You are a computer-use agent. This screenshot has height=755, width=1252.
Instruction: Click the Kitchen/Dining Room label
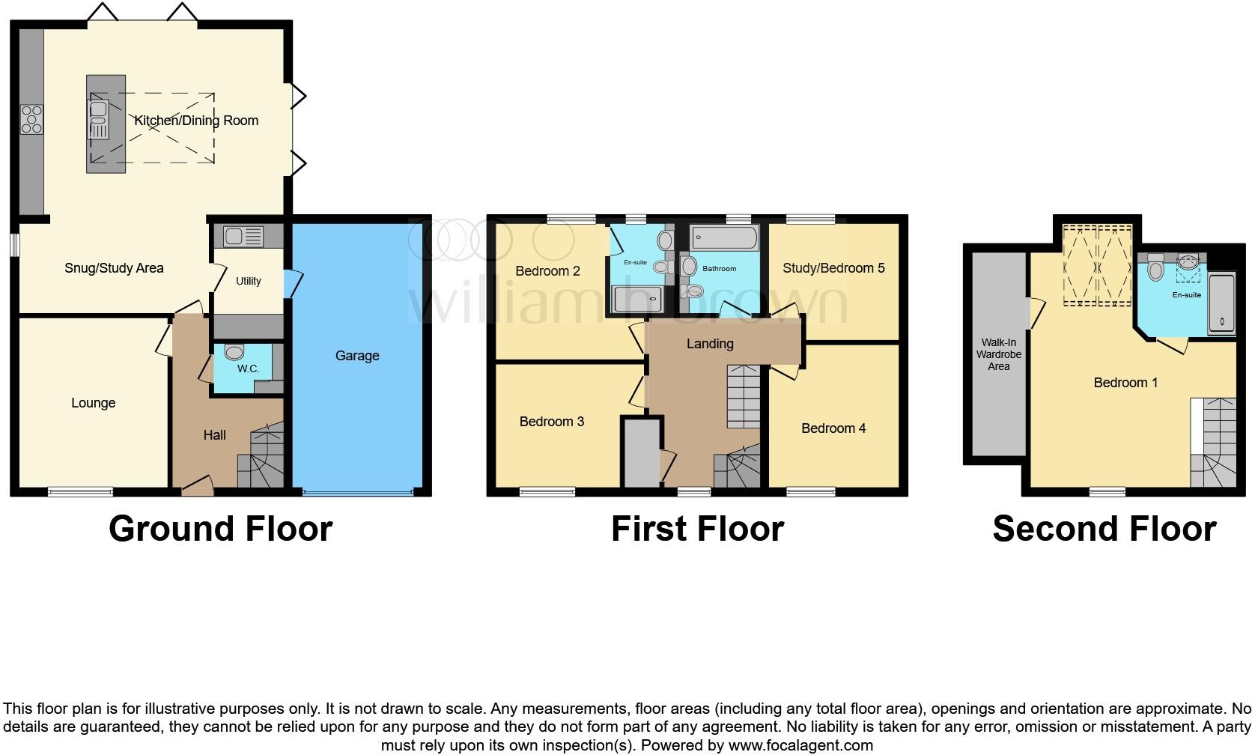point(196,121)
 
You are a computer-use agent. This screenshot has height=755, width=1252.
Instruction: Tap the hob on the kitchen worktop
point(32,120)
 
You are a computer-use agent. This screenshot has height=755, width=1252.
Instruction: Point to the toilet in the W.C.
point(234,352)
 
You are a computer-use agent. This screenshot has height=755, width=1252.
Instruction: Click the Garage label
point(357,356)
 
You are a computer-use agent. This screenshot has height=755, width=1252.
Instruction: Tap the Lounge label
point(93,403)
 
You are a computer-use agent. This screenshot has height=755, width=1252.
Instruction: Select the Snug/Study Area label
point(114,268)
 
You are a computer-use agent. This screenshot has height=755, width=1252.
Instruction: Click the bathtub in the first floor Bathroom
point(724,239)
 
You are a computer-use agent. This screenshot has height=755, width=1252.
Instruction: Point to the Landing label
point(710,344)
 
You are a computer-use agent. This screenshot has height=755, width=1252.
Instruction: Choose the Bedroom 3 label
point(552,422)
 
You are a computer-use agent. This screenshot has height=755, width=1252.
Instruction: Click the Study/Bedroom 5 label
point(833,268)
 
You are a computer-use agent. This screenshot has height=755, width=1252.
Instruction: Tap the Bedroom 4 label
point(833,428)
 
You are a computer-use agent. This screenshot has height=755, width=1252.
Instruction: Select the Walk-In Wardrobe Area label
point(998,354)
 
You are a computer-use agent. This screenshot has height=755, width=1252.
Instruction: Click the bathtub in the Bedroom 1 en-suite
point(1221,303)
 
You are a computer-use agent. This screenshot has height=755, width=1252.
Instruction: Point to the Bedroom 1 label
point(1125,383)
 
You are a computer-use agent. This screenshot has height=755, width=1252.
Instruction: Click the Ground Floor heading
point(220,529)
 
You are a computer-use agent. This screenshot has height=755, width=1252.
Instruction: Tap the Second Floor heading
point(1104,529)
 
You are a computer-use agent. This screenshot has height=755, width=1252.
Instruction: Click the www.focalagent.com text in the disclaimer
point(800,745)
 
